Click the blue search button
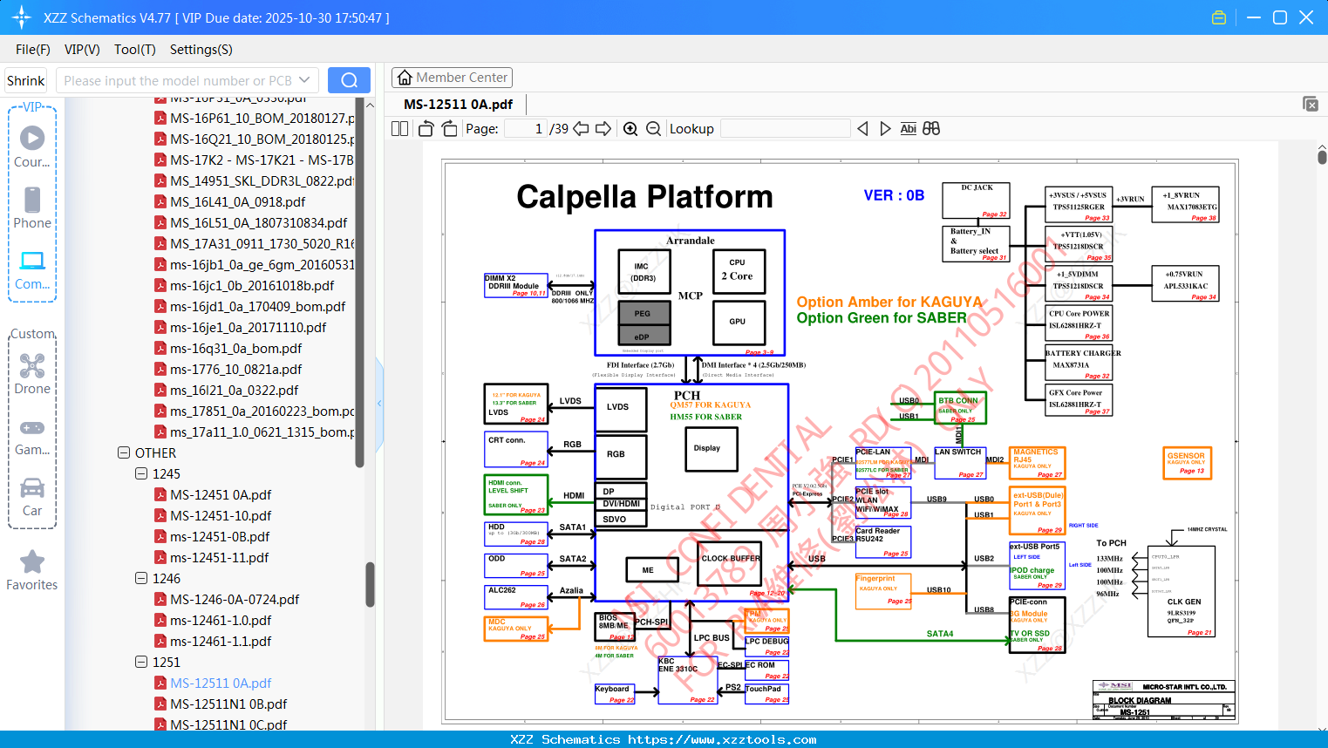click(349, 80)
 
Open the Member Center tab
click(452, 78)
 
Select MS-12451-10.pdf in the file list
click(221, 515)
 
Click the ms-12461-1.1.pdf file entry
click(221, 641)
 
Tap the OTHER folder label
click(155, 452)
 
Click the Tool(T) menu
click(134, 50)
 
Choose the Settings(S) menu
click(201, 50)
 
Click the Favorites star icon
click(32, 562)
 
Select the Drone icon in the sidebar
click(32, 366)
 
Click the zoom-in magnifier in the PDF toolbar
click(630, 129)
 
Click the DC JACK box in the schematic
click(976, 200)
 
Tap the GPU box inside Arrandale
click(738, 322)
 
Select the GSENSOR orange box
click(1187, 463)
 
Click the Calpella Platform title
click(644, 197)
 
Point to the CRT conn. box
click(516, 449)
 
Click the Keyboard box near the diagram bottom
click(614, 694)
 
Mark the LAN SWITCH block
click(959, 463)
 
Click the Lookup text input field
click(785, 129)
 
